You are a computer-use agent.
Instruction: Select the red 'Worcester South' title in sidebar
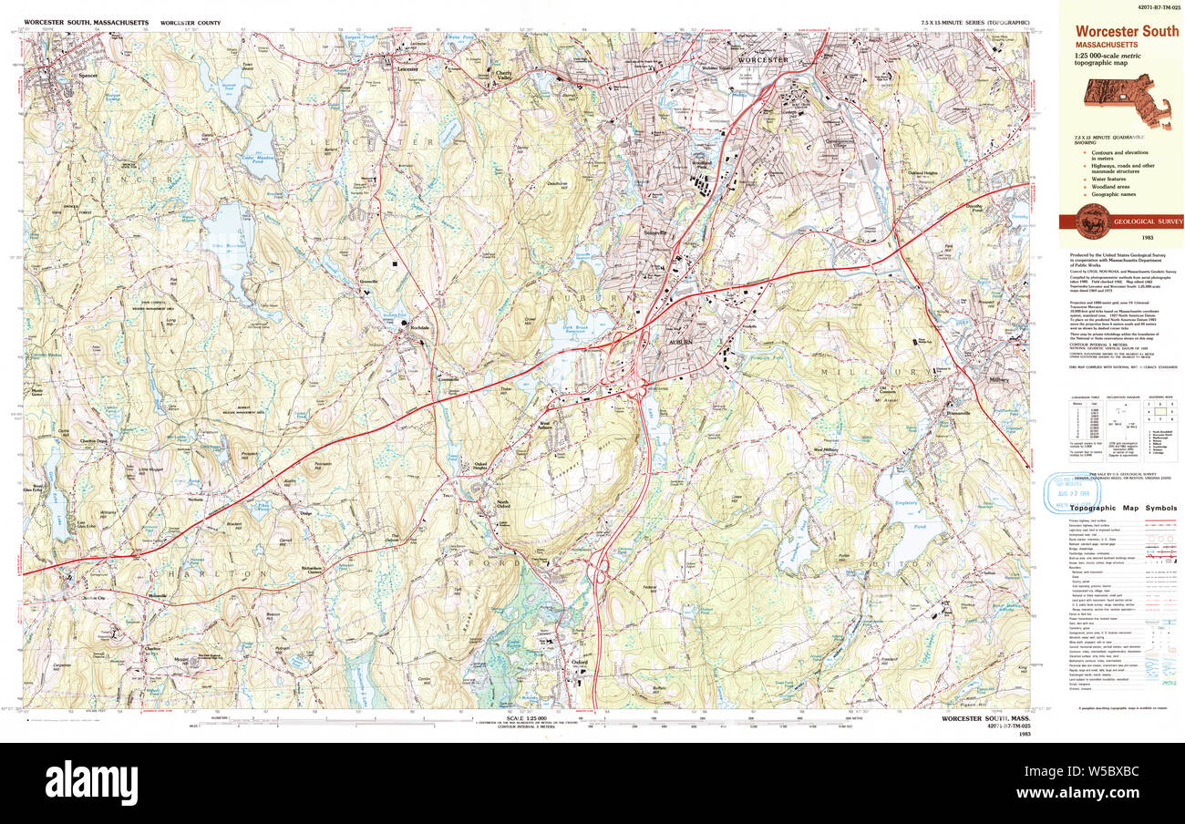1127,31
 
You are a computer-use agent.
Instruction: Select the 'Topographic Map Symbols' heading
1123,508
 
